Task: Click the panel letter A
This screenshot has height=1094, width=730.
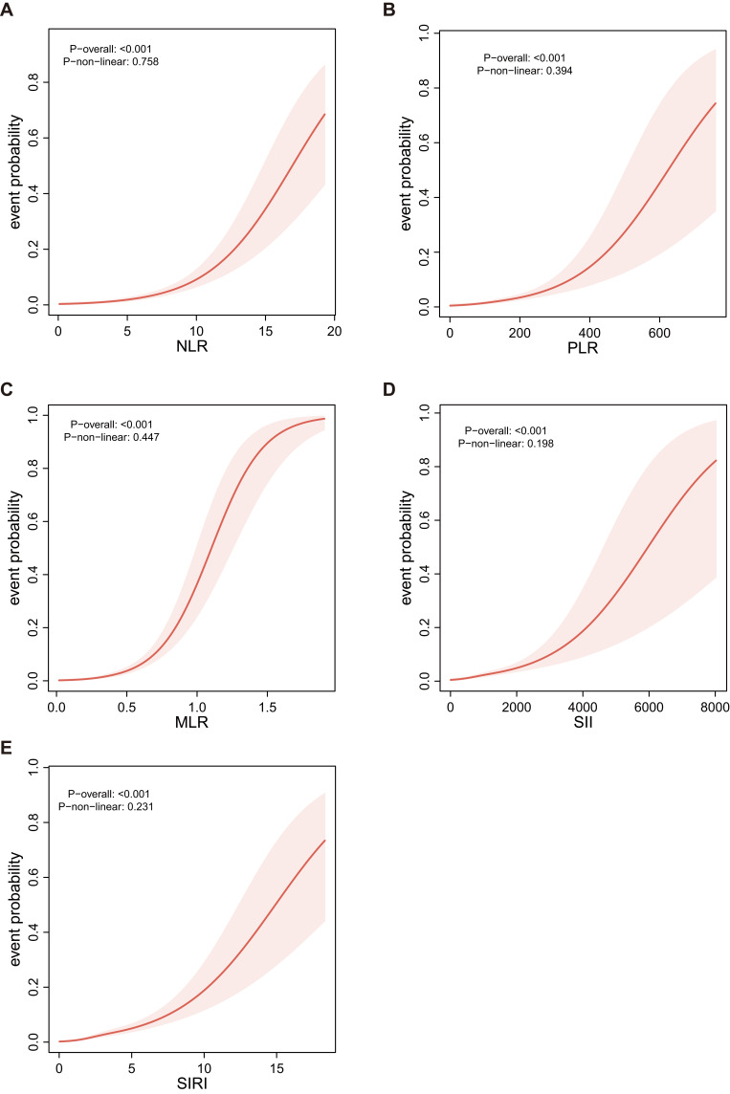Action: pyautogui.click(x=9, y=10)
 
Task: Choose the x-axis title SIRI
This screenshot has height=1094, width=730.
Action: pyautogui.click(x=195, y=1083)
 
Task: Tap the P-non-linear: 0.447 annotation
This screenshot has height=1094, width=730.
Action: pyautogui.click(x=107, y=437)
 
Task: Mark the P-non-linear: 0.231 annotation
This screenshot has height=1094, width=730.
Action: pyautogui.click(x=107, y=806)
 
